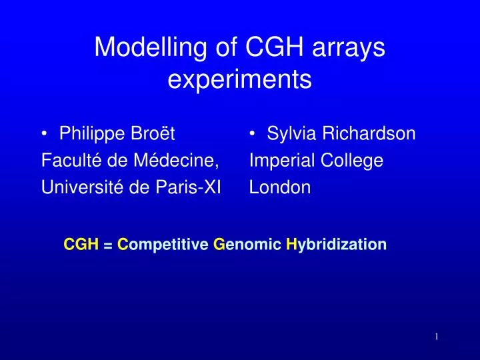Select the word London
(280, 188)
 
